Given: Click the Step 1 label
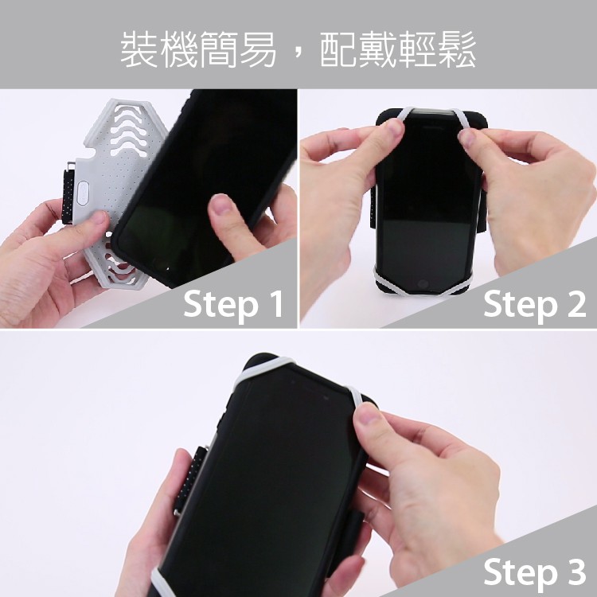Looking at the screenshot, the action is pyautogui.click(x=233, y=304).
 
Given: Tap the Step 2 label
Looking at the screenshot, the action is pyautogui.click(x=535, y=304).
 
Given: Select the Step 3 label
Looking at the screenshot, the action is pyautogui.click(x=535, y=572).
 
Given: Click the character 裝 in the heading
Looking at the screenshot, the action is pyautogui.click(x=140, y=49).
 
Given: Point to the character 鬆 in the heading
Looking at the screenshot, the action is pyautogui.click(x=457, y=49).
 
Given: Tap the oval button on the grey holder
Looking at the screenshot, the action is pyautogui.click(x=83, y=193).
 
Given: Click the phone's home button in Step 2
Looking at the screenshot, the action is pyautogui.click(x=423, y=284).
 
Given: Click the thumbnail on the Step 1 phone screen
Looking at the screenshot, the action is pyautogui.click(x=220, y=205).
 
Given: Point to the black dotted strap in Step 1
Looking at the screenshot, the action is pyautogui.click(x=68, y=196).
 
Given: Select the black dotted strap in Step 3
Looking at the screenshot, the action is pyautogui.click(x=189, y=480).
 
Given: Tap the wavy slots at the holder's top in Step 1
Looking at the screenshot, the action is pyautogui.click(x=129, y=130).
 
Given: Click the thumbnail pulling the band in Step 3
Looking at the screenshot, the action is pyautogui.click(x=368, y=414).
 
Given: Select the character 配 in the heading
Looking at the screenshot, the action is pyautogui.click(x=339, y=49).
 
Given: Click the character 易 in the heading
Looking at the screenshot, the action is pyautogui.click(x=257, y=49).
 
